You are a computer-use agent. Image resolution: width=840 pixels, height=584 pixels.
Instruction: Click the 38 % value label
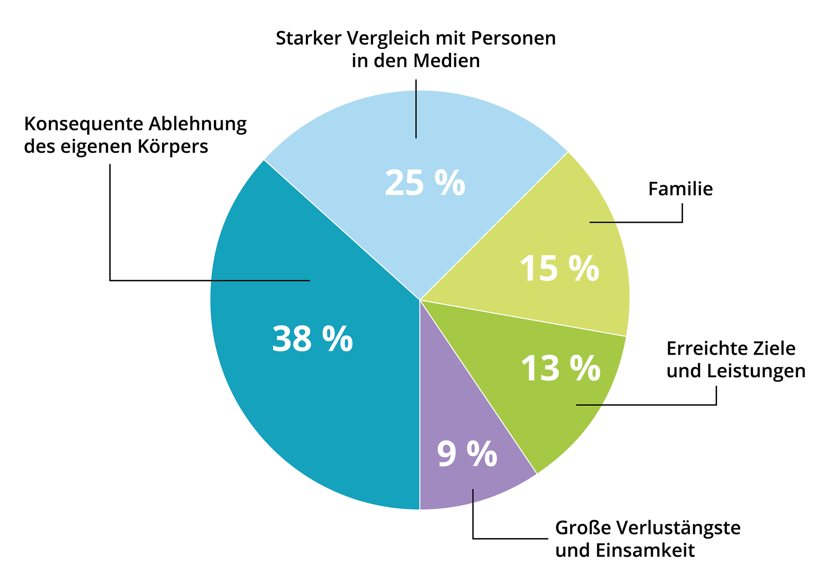312,339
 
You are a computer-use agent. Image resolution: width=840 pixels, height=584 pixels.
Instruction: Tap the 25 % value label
425,183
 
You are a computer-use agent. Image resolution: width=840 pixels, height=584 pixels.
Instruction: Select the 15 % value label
559,269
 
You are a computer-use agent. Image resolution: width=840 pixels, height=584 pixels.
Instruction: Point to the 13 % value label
560,369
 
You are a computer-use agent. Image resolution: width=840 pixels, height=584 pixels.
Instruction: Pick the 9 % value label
467,454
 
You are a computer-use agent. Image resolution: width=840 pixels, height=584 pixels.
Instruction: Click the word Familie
680,189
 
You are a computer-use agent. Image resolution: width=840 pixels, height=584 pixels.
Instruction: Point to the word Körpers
173,147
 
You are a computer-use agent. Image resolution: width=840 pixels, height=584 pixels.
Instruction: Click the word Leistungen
756,371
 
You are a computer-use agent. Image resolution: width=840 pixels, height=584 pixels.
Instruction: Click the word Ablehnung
197,124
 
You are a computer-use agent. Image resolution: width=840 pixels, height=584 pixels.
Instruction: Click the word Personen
513,39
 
